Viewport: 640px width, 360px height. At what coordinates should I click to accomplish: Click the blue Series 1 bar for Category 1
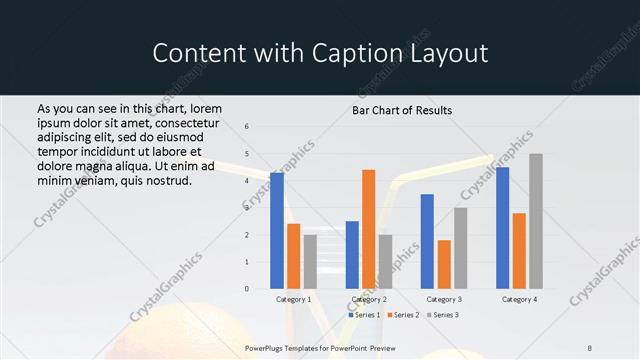pos(277,231)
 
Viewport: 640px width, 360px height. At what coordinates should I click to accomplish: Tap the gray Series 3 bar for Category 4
pos(536,221)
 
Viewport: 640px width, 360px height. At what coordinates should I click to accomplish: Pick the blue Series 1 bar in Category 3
pos(427,241)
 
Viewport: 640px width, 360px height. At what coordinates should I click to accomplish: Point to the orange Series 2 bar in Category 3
pos(444,264)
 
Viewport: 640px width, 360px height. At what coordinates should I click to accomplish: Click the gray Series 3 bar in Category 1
pos(310,262)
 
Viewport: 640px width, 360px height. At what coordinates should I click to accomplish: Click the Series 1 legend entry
pos(364,315)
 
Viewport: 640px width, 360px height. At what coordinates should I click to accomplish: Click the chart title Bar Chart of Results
pos(402,110)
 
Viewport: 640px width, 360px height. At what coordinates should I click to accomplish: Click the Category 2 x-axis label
pos(368,299)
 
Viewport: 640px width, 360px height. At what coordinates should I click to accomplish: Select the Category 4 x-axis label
pos(519,299)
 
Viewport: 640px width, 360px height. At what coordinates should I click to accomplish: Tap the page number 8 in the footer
pos(590,348)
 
